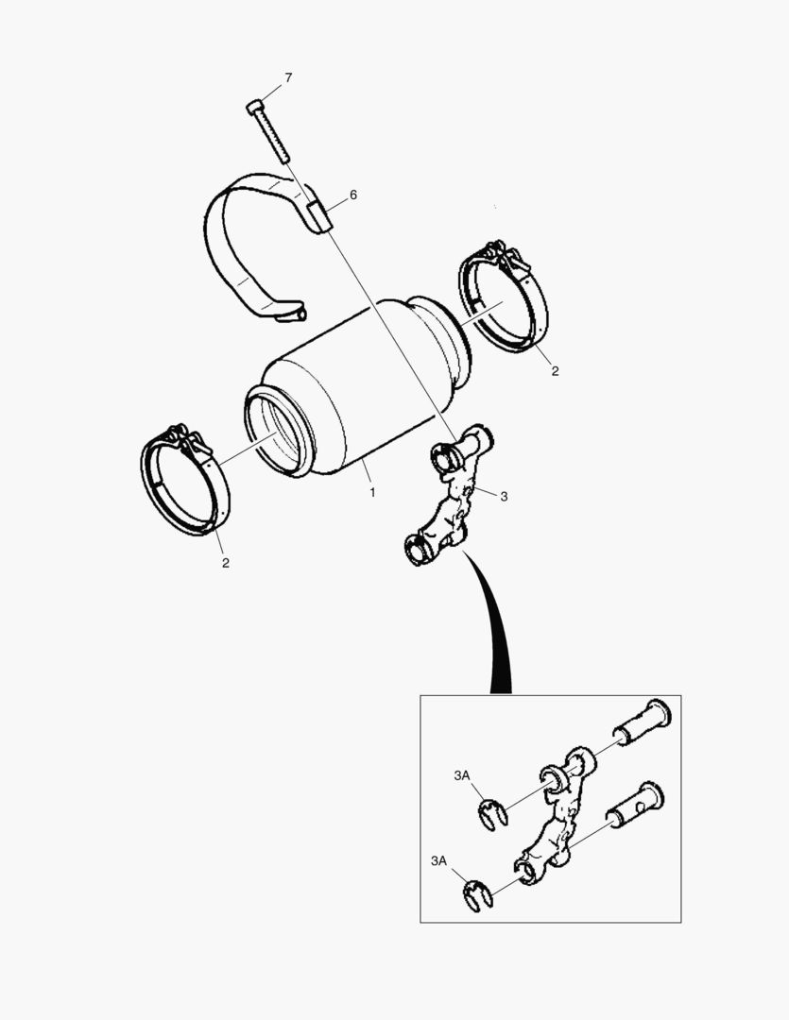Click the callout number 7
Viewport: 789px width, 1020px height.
pos(288,77)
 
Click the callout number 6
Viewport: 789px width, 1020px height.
pos(353,195)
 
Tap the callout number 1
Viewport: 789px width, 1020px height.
pos(372,492)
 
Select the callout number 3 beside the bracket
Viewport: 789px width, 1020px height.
pos(504,497)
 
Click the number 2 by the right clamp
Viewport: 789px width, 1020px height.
pos(555,371)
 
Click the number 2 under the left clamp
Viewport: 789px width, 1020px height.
pos(225,563)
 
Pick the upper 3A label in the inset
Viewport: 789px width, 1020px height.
pos(461,775)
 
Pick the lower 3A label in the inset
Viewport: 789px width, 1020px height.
pos(438,860)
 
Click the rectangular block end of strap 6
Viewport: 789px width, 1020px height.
pos(319,215)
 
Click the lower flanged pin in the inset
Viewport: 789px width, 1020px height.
pos(636,806)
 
